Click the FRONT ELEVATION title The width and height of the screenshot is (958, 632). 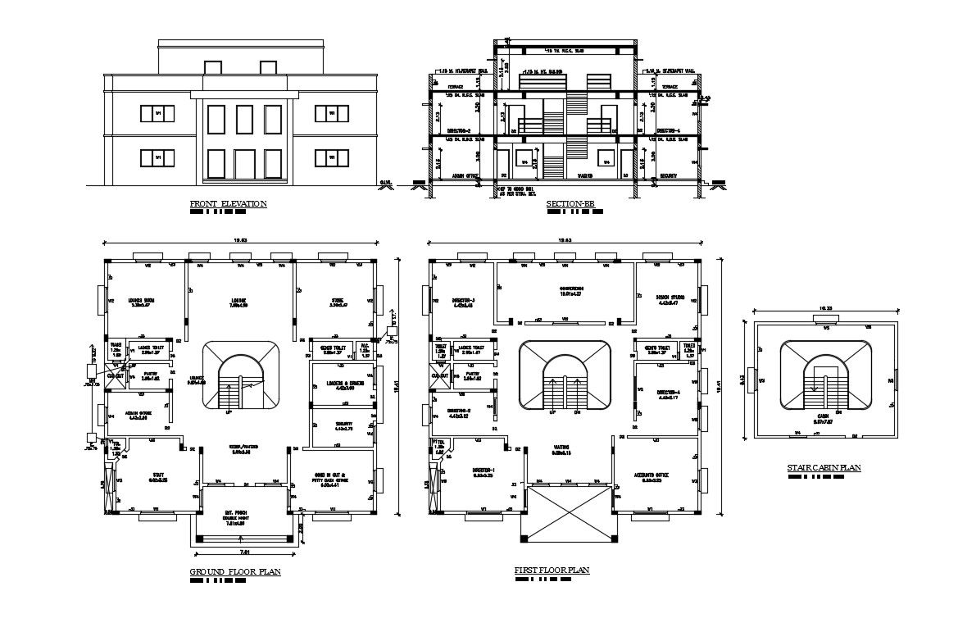(228, 204)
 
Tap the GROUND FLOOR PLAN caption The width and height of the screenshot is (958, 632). (235, 571)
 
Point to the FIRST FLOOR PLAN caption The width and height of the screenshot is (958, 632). (552, 570)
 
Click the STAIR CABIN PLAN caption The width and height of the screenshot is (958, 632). (824, 468)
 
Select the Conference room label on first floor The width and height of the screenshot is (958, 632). (570, 291)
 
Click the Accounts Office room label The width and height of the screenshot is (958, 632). (654, 475)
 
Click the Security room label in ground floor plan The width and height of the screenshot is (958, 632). (343, 425)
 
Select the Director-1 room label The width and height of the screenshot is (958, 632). (484, 472)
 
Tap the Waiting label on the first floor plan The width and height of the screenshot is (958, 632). (561, 448)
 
